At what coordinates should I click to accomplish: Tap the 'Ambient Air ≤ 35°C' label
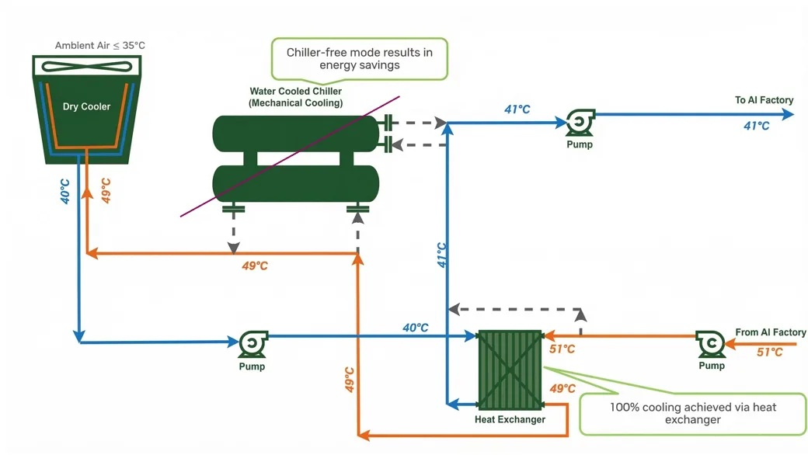(x=99, y=46)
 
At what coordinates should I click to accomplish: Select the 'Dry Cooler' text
(x=86, y=107)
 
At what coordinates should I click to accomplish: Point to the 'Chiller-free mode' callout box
(x=359, y=58)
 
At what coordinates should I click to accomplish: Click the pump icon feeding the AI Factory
(x=579, y=123)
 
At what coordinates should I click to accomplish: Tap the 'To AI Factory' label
(x=764, y=100)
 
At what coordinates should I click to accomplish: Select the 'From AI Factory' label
(x=770, y=333)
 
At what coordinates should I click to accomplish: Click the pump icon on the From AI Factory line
(x=710, y=342)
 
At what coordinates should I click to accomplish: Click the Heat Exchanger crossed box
(x=510, y=370)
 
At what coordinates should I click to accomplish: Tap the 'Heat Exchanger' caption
(x=510, y=420)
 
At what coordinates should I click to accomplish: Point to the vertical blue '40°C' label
(x=65, y=191)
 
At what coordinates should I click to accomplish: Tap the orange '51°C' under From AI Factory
(x=769, y=353)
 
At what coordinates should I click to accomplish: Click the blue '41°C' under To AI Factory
(x=755, y=126)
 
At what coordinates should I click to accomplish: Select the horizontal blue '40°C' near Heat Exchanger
(x=415, y=328)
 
